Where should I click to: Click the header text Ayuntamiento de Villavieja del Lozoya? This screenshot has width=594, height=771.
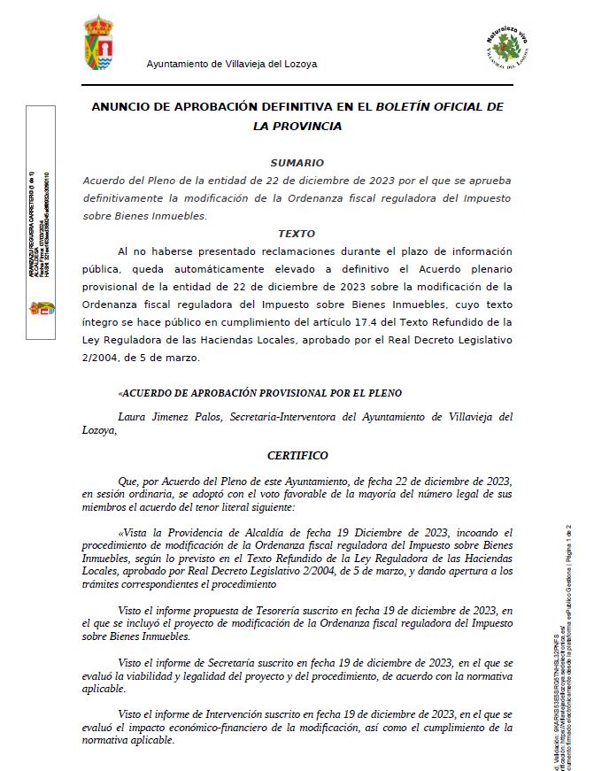click(x=231, y=64)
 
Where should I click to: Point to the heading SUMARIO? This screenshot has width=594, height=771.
click(x=297, y=163)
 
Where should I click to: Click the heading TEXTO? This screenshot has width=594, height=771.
click(x=297, y=234)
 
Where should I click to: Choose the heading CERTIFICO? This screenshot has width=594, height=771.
click(x=297, y=456)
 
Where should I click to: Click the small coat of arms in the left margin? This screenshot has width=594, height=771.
click(x=39, y=309)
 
